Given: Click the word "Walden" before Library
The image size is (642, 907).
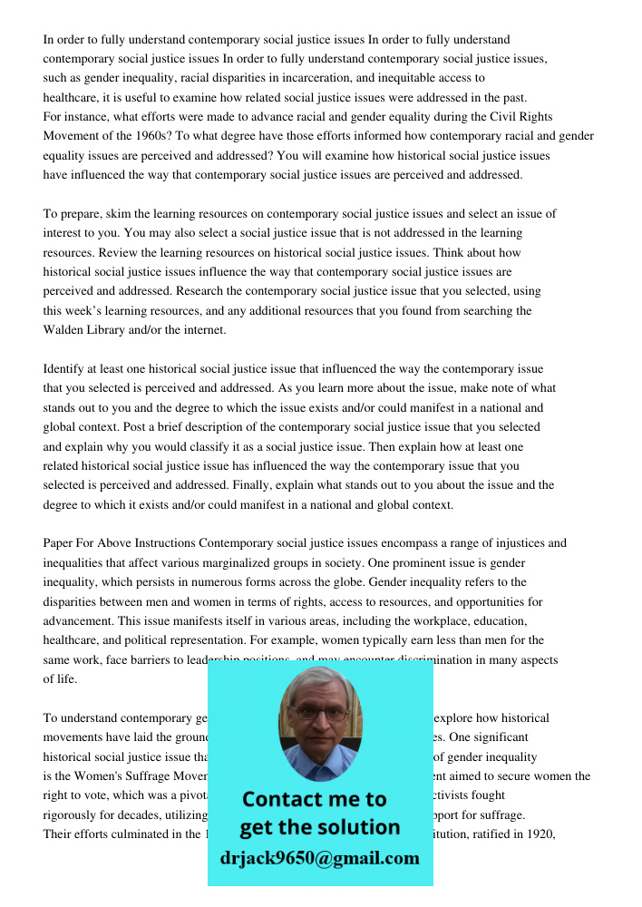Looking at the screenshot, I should click(x=65, y=330).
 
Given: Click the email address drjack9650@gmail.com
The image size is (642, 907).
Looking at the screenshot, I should click(x=319, y=858).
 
